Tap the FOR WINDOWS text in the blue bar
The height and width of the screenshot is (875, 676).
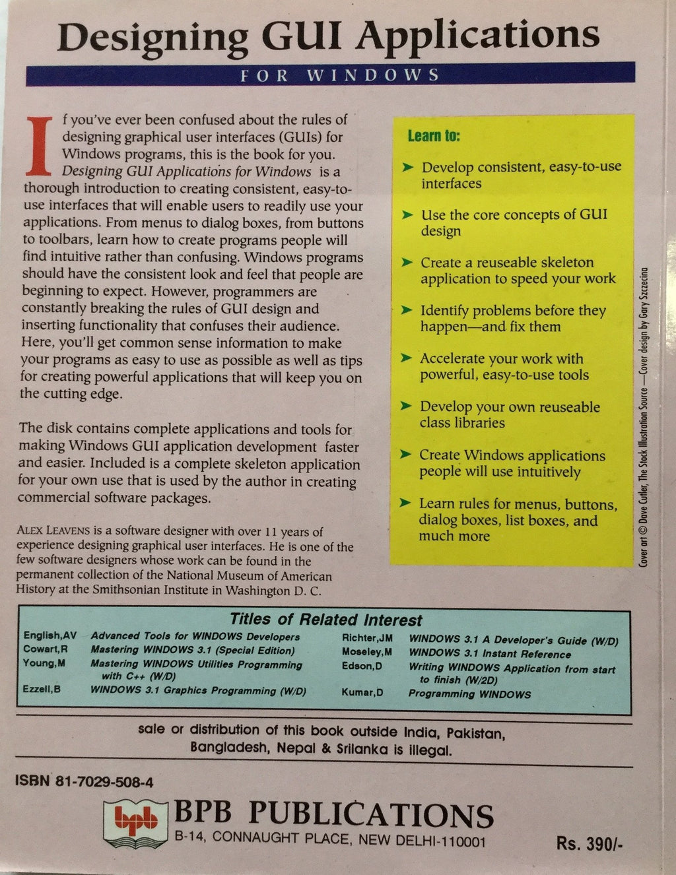(339, 75)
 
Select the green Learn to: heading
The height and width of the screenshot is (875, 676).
(434, 136)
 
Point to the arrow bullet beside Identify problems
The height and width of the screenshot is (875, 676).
(407, 311)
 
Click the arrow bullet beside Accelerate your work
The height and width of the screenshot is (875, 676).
(407, 359)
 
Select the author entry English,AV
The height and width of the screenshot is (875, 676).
(50, 635)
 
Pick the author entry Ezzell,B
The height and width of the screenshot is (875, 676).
(42, 690)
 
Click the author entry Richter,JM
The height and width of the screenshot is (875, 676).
(367, 638)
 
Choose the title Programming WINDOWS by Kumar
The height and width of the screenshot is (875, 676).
(469, 694)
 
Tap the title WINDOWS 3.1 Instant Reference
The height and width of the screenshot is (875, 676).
(489, 654)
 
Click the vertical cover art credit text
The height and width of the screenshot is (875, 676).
(644, 416)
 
